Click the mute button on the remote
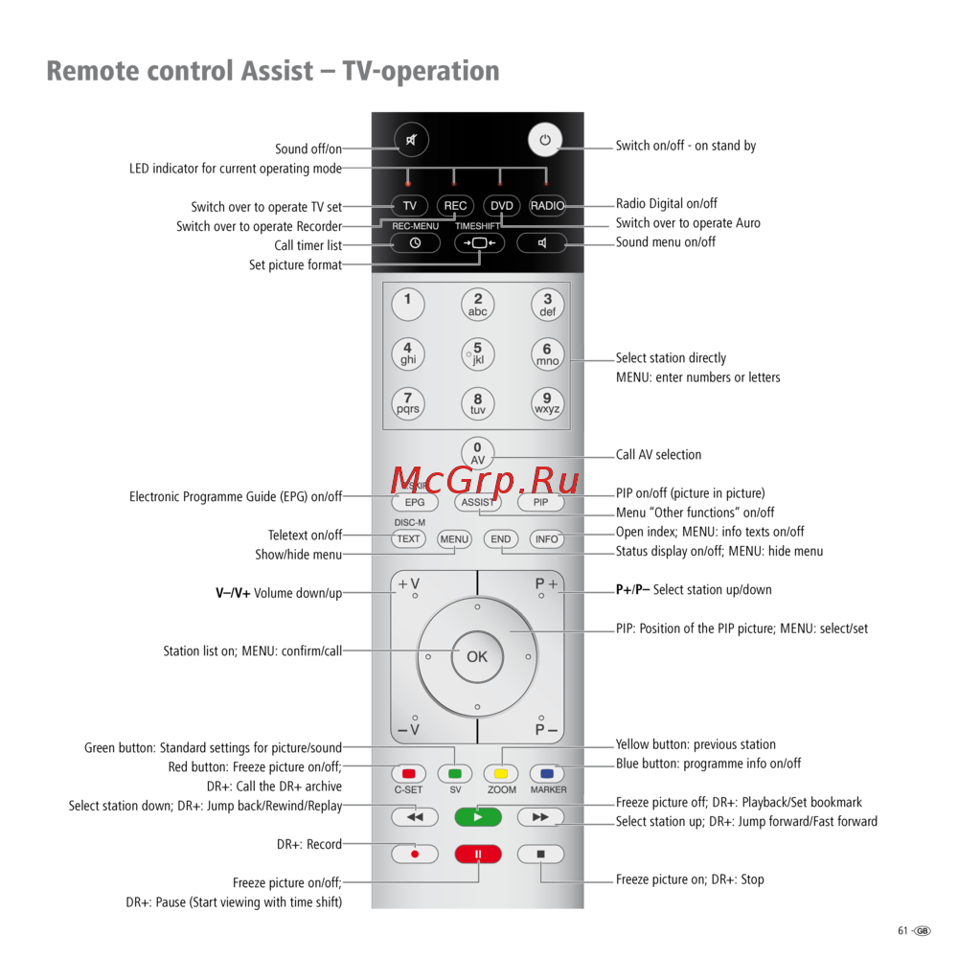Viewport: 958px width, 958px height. [412, 140]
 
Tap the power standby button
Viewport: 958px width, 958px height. [544, 140]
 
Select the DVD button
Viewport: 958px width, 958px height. [501, 206]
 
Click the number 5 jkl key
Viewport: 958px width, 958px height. [477, 354]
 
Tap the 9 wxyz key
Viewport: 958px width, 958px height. [547, 403]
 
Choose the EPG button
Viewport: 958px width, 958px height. [414, 502]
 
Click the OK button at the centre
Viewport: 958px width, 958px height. [477, 657]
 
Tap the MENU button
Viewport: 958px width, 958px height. [454, 539]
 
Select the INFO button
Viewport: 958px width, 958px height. [547, 539]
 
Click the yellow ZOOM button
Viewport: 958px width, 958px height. [501, 773]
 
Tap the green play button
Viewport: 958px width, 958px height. [478, 817]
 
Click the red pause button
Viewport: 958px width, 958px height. [478, 854]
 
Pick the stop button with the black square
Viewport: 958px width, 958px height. [540, 854]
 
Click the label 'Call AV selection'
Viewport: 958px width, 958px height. [658, 455]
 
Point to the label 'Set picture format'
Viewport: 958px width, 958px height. [295, 265]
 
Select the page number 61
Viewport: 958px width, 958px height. [902, 931]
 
